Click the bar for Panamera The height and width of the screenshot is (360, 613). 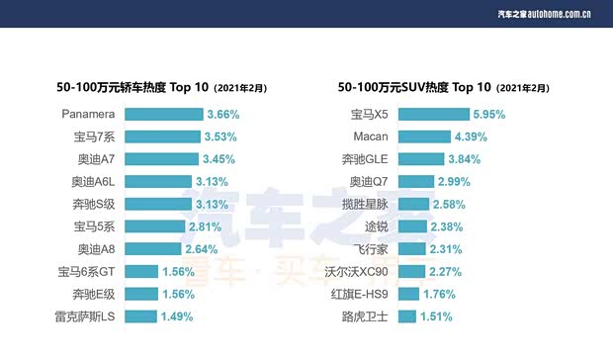click(x=163, y=114)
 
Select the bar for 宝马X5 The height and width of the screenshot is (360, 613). click(x=434, y=114)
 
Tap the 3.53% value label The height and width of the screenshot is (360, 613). click(x=221, y=136)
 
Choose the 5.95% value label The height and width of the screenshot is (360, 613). click(x=490, y=114)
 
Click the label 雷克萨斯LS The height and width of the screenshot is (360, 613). click(x=86, y=316)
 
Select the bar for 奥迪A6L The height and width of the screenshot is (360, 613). click(x=159, y=182)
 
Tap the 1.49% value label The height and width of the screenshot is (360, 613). click(x=177, y=316)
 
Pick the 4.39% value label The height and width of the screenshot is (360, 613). click(x=472, y=136)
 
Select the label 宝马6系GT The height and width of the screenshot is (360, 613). click(x=89, y=271)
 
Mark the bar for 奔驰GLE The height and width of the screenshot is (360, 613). click(x=420, y=159)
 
